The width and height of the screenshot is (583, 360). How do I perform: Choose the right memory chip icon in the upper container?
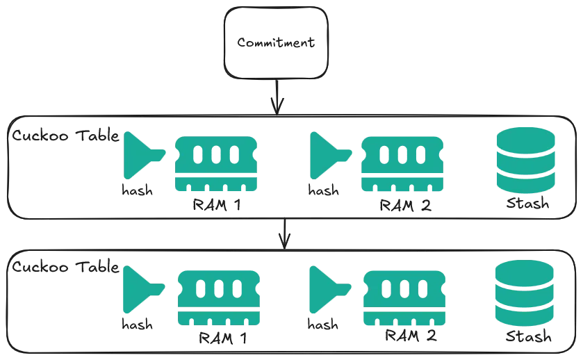coord(402,164)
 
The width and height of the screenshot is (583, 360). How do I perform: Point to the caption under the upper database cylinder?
coord(528,205)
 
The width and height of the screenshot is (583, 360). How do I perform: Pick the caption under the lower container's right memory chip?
coord(410,339)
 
